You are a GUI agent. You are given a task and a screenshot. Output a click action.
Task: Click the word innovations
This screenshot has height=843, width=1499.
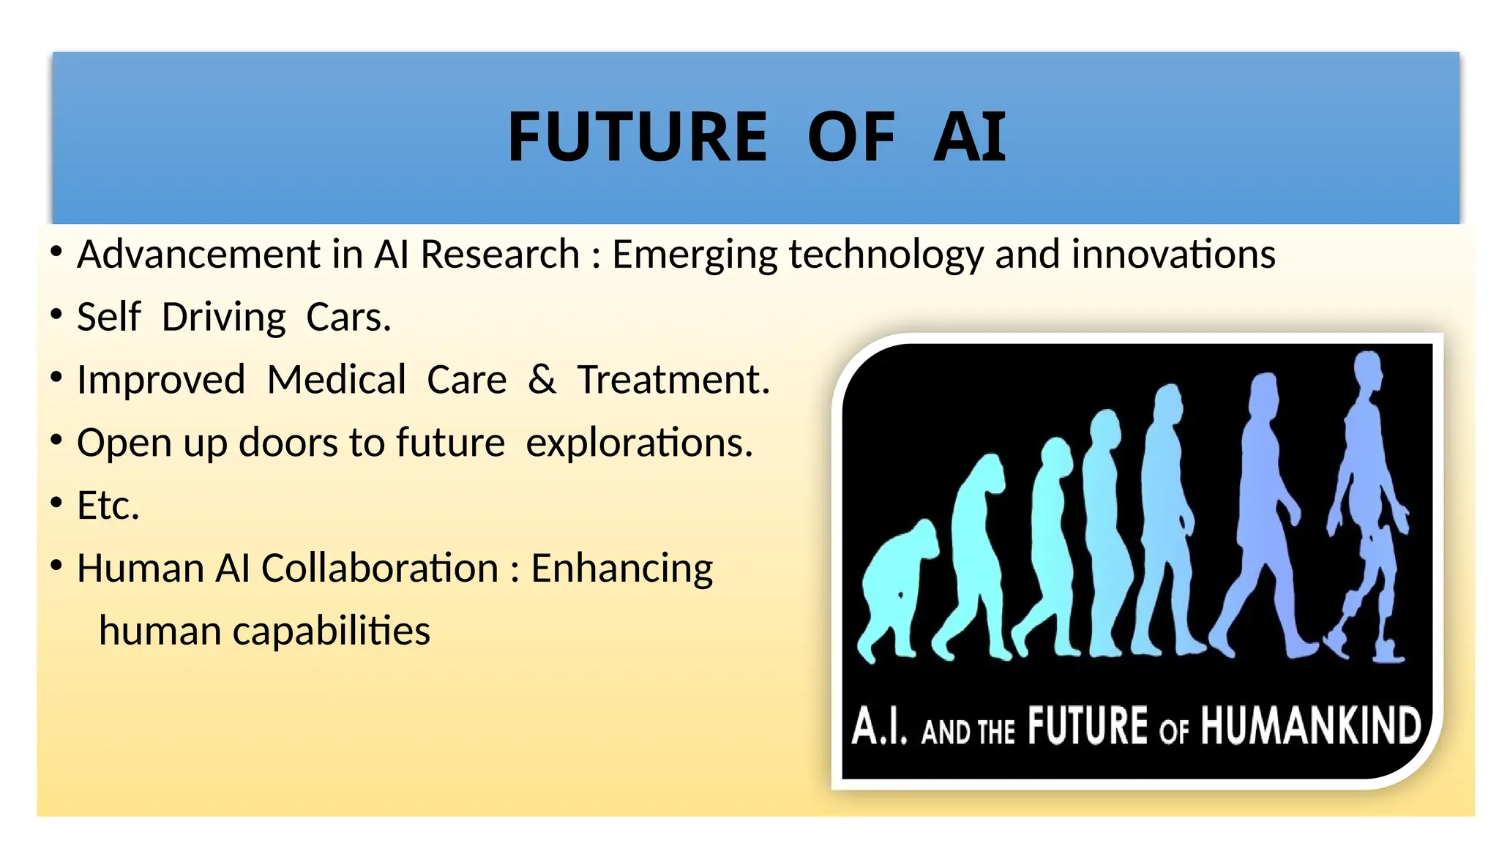tap(1173, 255)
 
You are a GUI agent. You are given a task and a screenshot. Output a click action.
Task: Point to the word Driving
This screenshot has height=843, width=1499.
tap(223, 318)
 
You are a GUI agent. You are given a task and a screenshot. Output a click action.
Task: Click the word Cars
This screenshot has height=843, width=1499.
tap(348, 318)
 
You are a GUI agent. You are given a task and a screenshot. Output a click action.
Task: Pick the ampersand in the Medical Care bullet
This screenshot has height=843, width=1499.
tap(542, 380)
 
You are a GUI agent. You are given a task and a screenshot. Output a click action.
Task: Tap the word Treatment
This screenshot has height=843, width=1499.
tap(673, 380)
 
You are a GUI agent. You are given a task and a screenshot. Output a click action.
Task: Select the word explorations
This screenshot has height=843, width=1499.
tap(639, 443)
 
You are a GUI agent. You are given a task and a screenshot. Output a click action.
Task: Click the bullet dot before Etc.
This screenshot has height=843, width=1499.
tap(56, 503)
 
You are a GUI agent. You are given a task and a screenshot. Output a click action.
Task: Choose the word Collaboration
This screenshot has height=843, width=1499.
tap(380, 569)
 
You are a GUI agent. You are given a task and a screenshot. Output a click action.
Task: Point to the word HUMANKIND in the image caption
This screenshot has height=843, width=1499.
tap(1310, 727)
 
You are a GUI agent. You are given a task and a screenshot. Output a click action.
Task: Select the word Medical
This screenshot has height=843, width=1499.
tap(336, 380)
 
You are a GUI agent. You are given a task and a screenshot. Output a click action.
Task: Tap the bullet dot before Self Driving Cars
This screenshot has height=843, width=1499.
tap(56, 315)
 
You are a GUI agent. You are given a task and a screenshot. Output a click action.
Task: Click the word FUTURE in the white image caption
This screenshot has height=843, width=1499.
tap(1087, 727)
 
